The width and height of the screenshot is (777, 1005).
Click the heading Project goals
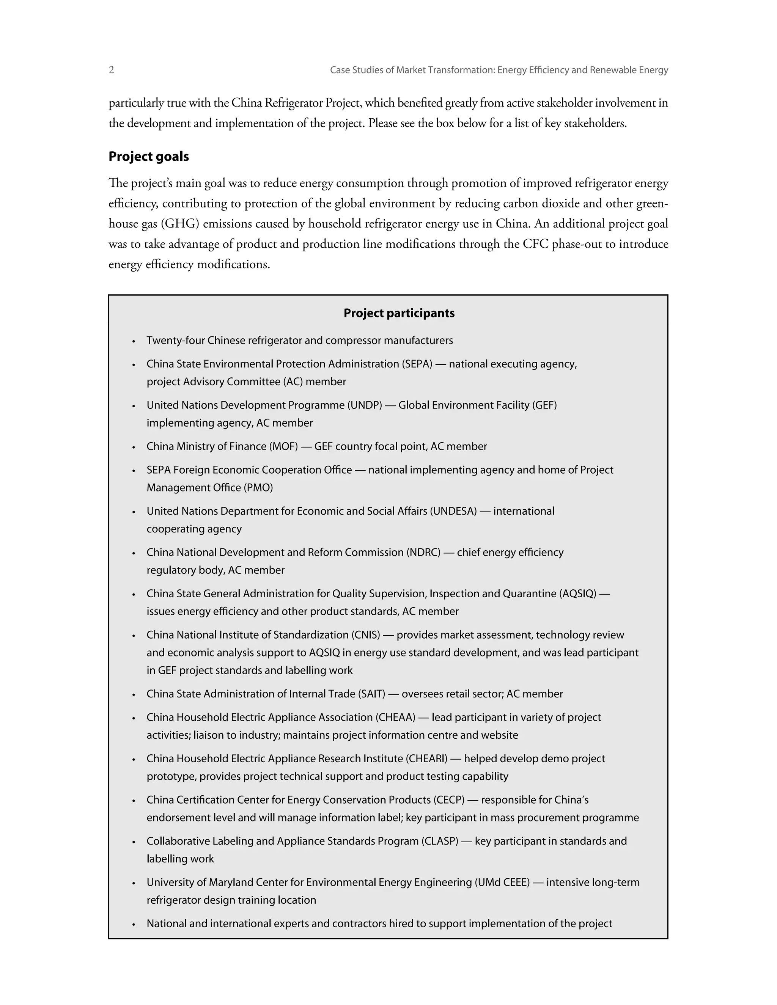[x=149, y=157]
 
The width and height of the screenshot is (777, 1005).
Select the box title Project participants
[x=399, y=313]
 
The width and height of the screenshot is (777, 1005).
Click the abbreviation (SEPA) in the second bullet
[x=417, y=364]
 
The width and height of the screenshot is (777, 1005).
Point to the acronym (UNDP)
[x=365, y=405]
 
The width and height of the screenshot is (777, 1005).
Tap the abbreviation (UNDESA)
[x=453, y=511]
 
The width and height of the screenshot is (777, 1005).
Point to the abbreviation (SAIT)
[x=371, y=694]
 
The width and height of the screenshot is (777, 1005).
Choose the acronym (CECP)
[x=449, y=800]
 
